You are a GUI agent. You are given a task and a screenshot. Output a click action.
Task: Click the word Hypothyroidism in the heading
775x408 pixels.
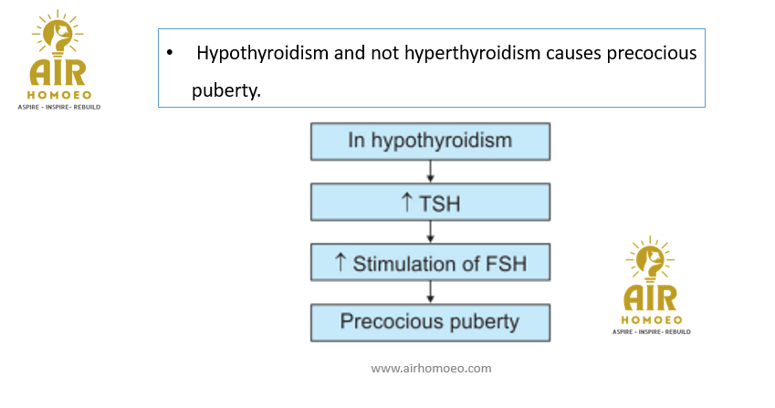point(263,53)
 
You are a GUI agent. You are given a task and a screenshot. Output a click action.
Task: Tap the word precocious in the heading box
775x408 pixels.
point(652,53)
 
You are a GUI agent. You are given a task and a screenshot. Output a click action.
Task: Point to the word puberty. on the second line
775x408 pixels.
point(226,90)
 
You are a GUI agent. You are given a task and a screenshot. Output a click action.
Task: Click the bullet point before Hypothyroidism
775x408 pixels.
point(170,52)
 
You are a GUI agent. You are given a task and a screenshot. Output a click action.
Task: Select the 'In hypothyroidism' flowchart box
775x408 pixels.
point(430,141)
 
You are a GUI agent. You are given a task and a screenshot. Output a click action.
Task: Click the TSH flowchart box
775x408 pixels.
point(430,202)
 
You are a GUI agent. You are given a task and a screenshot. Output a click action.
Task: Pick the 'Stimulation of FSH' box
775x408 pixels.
point(430,262)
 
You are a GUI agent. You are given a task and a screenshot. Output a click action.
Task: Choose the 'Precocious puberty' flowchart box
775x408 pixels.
point(430,322)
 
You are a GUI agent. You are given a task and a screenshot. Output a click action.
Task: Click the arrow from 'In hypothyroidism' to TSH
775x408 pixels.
point(430,172)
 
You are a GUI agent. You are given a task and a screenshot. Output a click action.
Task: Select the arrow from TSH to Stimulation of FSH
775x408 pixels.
point(430,232)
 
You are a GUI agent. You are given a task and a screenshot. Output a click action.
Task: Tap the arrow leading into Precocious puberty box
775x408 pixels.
point(430,292)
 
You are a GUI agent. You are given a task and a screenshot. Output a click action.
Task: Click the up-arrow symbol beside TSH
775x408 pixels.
point(406,202)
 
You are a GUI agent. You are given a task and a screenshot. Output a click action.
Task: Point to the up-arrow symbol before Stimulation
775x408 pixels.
point(340,262)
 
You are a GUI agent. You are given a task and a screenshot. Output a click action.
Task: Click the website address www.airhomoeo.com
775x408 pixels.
point(431,369)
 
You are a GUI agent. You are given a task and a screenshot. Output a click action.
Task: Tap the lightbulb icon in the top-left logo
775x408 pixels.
point(58,34)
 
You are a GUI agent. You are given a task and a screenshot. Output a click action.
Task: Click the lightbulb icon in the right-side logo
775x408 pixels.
point(650,259)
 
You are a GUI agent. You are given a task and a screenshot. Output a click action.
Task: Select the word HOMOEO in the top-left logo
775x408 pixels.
point(59,95)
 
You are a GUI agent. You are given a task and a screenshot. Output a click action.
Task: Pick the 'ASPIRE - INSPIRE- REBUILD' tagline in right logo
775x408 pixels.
point(652,332)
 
